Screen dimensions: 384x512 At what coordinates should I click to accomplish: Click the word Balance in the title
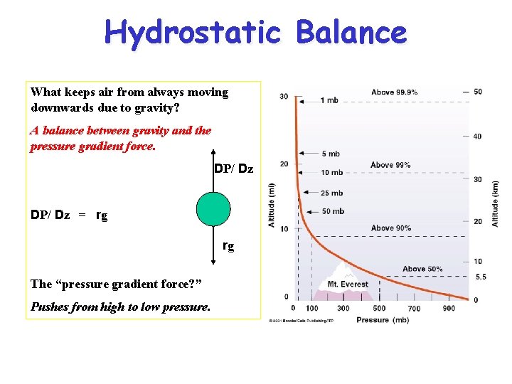351,33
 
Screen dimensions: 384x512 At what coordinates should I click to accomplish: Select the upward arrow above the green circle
213,171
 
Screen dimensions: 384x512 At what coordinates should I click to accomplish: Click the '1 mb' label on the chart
329,100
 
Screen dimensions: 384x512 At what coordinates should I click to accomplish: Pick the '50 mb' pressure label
333,211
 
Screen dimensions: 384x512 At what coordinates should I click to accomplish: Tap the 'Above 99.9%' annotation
394,92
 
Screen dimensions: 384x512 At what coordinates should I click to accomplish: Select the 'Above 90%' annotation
390,228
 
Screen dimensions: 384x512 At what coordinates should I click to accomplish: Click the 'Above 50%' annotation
422,269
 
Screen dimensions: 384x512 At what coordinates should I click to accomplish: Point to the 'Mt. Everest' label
348,284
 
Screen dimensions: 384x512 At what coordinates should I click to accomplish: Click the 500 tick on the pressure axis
379,308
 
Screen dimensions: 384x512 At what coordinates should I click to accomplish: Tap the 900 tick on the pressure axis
448,308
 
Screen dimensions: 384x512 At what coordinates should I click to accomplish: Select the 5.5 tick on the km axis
480,277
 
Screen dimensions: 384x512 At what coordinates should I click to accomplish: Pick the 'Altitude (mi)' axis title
272,205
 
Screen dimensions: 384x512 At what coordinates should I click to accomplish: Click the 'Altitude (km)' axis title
495,203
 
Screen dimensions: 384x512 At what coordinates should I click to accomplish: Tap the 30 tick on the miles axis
284,97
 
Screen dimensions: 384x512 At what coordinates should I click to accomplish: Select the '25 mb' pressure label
331,193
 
